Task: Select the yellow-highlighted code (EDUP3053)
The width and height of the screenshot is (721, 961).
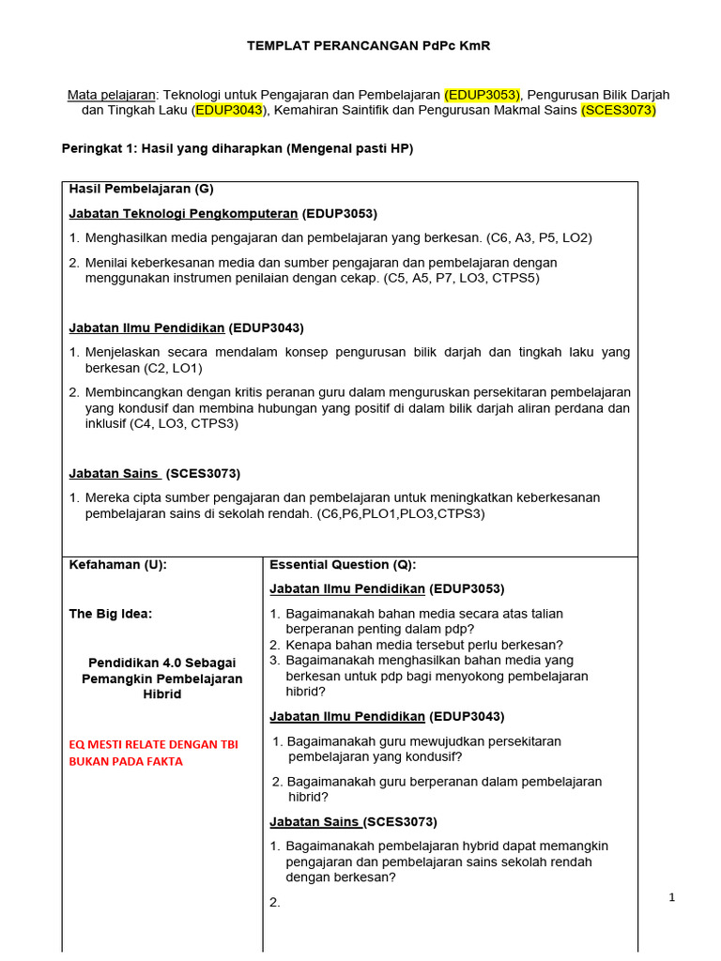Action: (483, 95)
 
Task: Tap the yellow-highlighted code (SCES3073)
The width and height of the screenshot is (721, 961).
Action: (619, 111)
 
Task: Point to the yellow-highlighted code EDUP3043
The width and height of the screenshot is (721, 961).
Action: (229, 111)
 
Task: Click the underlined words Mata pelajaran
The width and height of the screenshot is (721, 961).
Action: (111, 95)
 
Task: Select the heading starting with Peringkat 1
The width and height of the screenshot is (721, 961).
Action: (237, 148)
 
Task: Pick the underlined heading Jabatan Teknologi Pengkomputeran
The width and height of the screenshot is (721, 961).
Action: (184, 213)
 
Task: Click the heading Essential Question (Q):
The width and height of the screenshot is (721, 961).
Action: (343, 564)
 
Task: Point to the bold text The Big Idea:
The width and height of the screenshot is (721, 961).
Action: (111, 614)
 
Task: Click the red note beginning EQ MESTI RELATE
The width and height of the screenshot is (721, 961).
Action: (153, 753)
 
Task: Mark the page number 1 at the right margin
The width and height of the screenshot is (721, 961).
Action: (672, 897)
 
